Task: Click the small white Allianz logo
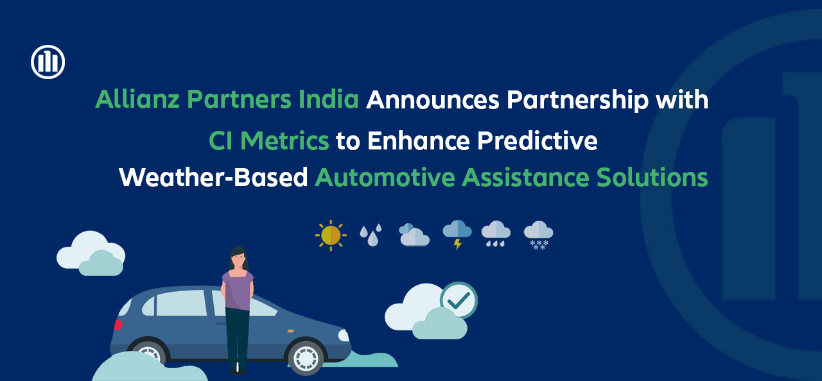point(48,62)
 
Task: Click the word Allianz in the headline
point(137,99)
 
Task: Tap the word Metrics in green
point(284,140)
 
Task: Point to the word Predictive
point(538,140)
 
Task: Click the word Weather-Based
point(213,177)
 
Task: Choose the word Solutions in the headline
point(652,177)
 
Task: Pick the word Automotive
point(385,177)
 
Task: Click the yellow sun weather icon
point(331,235)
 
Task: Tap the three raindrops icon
point(371,235)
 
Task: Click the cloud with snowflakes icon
point(538,235)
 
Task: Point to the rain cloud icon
point(496,233)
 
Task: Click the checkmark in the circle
point(459,300)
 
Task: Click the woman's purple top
point(238,290)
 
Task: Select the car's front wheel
point(306,357)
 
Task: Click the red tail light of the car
point(118,325)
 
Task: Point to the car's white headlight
point(344,335)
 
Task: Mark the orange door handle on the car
point(290,331)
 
